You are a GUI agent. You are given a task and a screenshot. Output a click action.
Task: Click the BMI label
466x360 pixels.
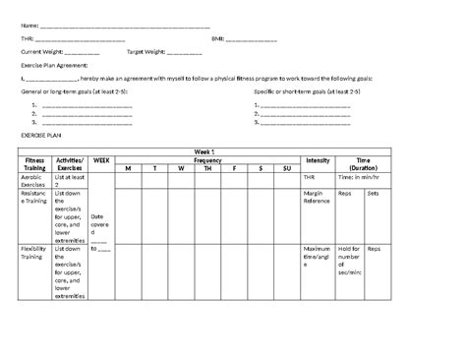click(x=217, y=38)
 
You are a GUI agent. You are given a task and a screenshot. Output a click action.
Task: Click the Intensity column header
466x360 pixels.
click(x=318, y=159)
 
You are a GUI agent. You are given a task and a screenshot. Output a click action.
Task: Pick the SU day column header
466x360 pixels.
click(x=287, y=168)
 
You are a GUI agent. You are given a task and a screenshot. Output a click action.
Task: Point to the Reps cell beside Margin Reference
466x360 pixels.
click(x=344, y=194)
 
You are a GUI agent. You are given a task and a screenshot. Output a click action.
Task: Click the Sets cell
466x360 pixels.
click(x=373, y=194)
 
